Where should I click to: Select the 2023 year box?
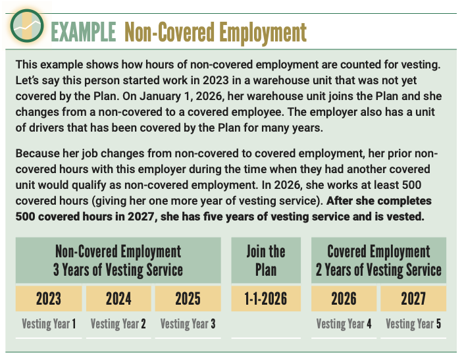click(49, 299)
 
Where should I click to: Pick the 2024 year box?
click(118, 299)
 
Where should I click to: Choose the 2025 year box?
click(188, 299)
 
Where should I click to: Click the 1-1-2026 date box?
click(266, 299)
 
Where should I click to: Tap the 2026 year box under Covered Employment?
click(344, 299)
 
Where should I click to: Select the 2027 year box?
click(413, 299)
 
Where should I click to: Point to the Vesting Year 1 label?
click(49, 324)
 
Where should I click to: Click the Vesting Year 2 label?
click(118, 324)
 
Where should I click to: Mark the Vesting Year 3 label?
click(188, 324)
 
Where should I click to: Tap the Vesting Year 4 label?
click(344, 324)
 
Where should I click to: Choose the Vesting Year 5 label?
click(413, 324)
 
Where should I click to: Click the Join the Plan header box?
click(266, 261)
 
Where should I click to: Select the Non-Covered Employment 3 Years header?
click(118, 261)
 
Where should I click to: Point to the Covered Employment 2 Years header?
click(378, 261)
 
